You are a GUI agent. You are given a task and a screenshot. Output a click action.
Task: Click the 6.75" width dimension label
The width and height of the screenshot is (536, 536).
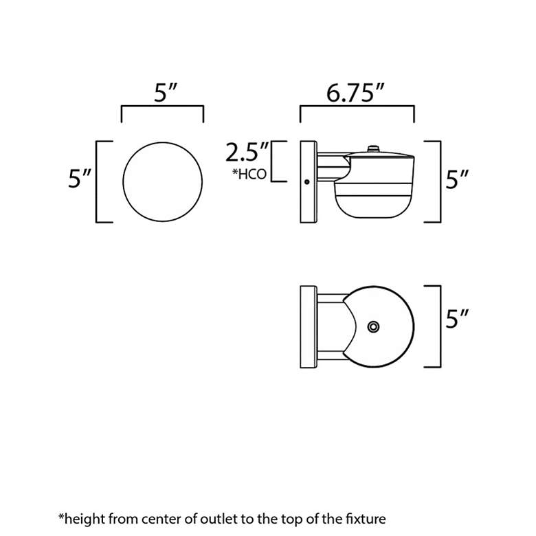355,93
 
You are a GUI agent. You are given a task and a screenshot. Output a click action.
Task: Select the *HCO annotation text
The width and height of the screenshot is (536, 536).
249,174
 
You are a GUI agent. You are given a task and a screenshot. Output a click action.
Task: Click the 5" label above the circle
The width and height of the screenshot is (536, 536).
166,93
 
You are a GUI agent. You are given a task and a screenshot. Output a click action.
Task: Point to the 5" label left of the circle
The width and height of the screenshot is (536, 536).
80,178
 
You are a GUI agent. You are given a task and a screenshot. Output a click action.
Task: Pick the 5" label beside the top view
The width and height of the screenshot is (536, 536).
457,319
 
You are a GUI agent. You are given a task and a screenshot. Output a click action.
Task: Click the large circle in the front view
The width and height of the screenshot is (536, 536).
162,182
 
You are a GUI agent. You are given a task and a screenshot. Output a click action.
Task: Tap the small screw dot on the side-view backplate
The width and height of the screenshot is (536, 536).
306,182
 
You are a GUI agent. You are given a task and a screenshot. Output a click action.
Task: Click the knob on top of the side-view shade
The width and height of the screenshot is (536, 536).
373,149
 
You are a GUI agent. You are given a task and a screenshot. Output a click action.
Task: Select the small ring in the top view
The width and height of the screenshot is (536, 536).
373,327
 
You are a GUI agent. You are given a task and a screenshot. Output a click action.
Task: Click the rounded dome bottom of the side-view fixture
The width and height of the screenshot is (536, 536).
375,207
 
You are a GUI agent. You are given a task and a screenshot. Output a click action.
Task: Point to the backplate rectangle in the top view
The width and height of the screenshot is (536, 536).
309,327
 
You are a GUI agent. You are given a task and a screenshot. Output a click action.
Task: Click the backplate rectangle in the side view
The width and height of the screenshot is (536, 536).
309,182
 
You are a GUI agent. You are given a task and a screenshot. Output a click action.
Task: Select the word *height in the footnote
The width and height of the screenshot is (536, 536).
82,520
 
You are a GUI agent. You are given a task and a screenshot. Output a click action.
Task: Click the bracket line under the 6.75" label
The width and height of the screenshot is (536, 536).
357,106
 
